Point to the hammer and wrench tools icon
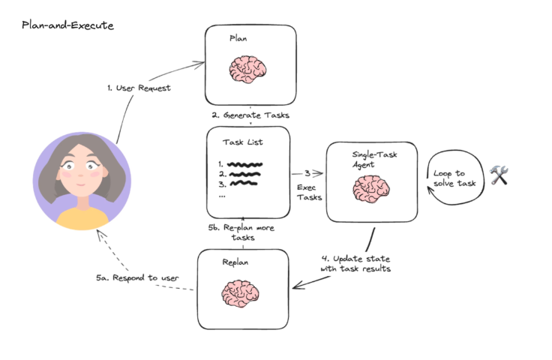pyautogui.click(x=499, y=176)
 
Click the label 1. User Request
pyautogui.click(x=139, y=88)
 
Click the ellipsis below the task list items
pyautogui.click(x=221, y=193)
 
